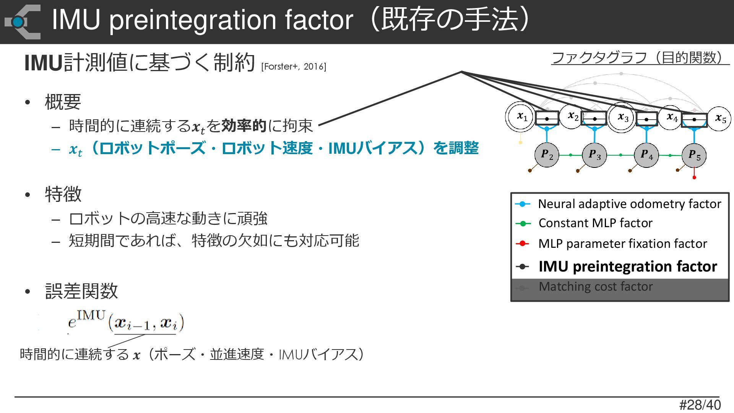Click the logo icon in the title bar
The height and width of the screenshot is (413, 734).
click(23, 22)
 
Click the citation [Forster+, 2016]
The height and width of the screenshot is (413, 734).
click(294, 67)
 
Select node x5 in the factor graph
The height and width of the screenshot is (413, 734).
click(720, 119)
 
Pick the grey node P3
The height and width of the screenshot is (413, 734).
click(594, 155)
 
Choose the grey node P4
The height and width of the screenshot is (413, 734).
click(646, 155)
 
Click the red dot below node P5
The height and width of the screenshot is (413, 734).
click(694, 177)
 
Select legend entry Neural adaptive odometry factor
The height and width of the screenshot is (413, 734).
click(629, 204)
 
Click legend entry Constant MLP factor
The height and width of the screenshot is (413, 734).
click(595, 223)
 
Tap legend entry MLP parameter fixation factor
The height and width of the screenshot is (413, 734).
click(622, 244)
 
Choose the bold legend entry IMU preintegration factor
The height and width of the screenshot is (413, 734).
click(627, 266)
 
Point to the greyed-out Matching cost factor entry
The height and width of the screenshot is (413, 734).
click(595, 287)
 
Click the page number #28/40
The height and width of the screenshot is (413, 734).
click(700, 405)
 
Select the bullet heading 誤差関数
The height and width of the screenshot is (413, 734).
click(81, 291)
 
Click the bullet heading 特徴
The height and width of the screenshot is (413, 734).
click(63, 194)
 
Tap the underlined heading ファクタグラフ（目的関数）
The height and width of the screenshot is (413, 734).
click(640, 58)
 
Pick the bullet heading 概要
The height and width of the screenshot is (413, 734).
click(63, 102)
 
